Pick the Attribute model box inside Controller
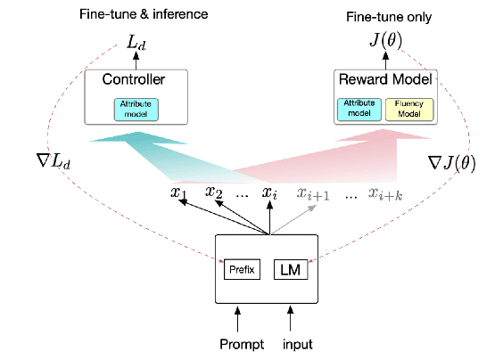[136, 108]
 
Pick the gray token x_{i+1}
[313, 192]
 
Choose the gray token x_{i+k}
[387, 192]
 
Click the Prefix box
[241, 268]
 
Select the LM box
[287, 268]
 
